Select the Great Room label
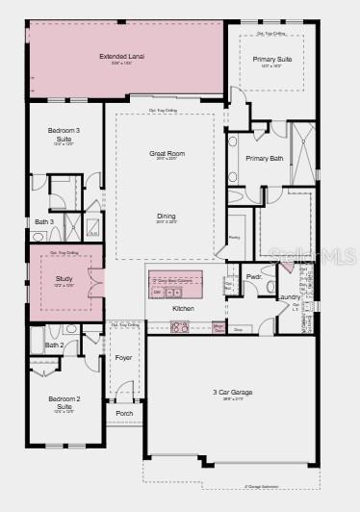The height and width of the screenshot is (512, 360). point(167,153)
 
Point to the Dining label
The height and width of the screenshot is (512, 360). point(167,217)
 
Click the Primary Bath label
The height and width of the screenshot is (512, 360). point(264,158)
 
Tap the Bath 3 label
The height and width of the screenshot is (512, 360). point(43,221)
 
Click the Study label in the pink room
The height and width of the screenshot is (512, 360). point(64,278)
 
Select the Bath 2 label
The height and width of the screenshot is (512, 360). point(55,345)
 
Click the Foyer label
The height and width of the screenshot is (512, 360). point(124,358)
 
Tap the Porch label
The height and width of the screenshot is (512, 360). point(125,414)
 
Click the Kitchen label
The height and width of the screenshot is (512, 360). point(183,308)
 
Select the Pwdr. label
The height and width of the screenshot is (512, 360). point(254,276)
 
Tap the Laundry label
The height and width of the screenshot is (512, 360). point(290,296)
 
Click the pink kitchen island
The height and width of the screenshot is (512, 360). point(176,286)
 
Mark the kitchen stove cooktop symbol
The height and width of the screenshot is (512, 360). point(180,327)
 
